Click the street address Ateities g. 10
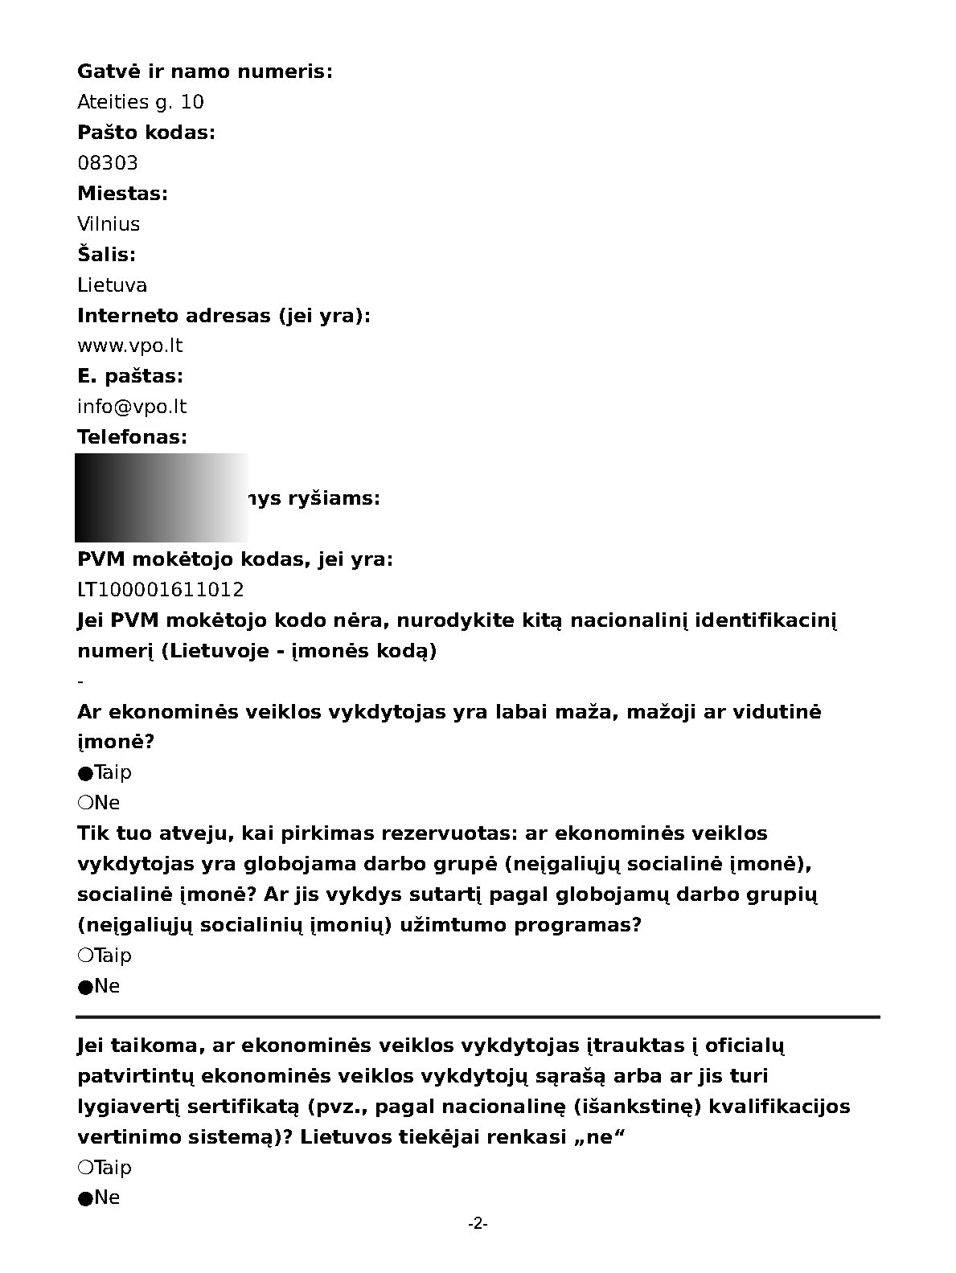[x=141, y=102]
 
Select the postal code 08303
[x=108, y=163]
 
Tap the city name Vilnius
[x=109, y=224]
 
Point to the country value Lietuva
[x=113, y=285]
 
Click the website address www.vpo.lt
[x=130, y=346]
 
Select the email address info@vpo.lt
[x=132, y=407]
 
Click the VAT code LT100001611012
[x=161, y=590]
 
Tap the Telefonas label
[x=132, y=437]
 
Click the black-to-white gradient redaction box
[x=161, y=497]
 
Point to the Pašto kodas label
[x=146, y=133]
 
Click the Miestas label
[x=122, y=194]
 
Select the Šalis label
[x=106, y=255]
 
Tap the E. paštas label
[x=130, y=376]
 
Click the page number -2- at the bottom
[x=478, y=1224]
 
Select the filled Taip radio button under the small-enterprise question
[x=85, y=773]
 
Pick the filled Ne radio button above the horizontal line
[x=85, y=987]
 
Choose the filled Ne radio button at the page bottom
[x=85, y=1198]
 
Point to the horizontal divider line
[x=478, y=1017]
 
